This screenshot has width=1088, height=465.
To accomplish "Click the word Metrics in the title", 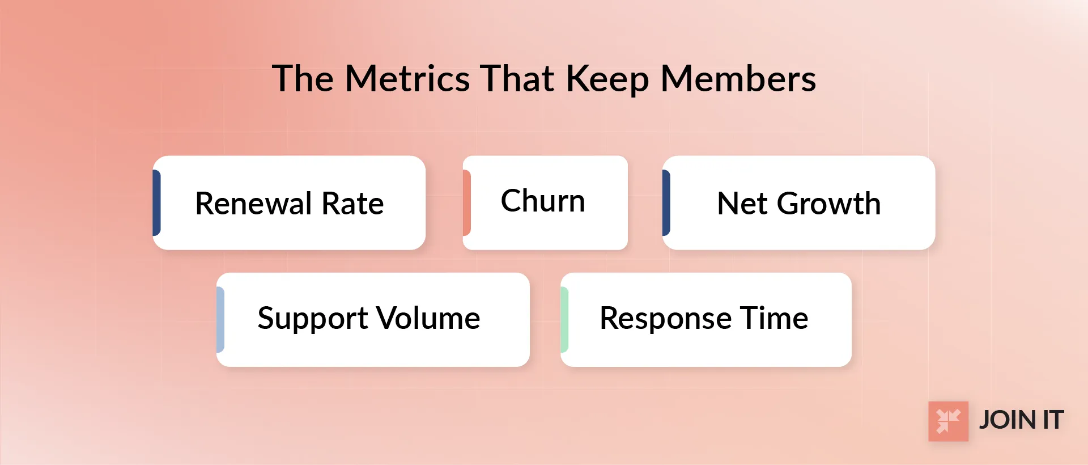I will tap(407, 78).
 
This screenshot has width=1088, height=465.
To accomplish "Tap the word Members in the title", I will tap(738, 78).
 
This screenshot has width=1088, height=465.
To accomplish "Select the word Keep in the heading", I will tap(607, 79).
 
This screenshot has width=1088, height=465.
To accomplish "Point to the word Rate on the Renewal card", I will tap(352, 204).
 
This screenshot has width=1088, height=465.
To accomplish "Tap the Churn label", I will tap(543, 201).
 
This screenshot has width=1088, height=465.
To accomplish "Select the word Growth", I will tap(828, 204).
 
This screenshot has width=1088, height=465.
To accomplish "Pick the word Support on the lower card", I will tap(312, 319).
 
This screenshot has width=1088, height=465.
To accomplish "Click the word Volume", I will tap(428, 318).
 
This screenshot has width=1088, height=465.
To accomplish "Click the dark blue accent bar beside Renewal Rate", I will tap(157, 203).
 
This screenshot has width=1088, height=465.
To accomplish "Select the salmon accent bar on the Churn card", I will tap(467, 203).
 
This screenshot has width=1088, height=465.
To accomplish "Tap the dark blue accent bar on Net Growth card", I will tap(666, 203).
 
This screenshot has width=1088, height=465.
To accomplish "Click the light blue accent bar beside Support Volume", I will tap(220, 320).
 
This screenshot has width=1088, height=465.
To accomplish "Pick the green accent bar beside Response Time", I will tap(564, 320).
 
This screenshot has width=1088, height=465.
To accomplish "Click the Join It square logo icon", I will tap(948, 421).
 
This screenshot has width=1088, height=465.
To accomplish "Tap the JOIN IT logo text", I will tap(1021, 420).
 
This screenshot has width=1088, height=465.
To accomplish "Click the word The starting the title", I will tap(303, 78).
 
